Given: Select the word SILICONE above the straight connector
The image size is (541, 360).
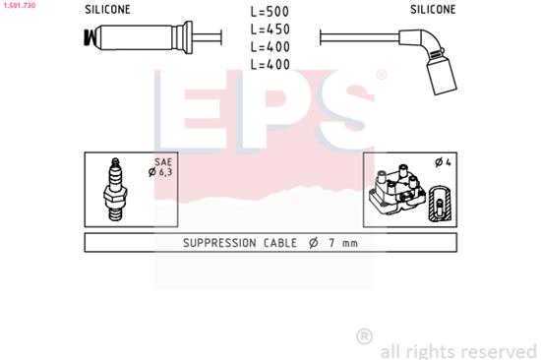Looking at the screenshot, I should coord(107,10).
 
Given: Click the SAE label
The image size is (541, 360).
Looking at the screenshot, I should coord(163,162).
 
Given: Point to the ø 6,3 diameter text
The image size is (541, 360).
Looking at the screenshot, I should coord(162,173).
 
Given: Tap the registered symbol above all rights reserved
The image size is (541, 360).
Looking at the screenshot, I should coord(363,336).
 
